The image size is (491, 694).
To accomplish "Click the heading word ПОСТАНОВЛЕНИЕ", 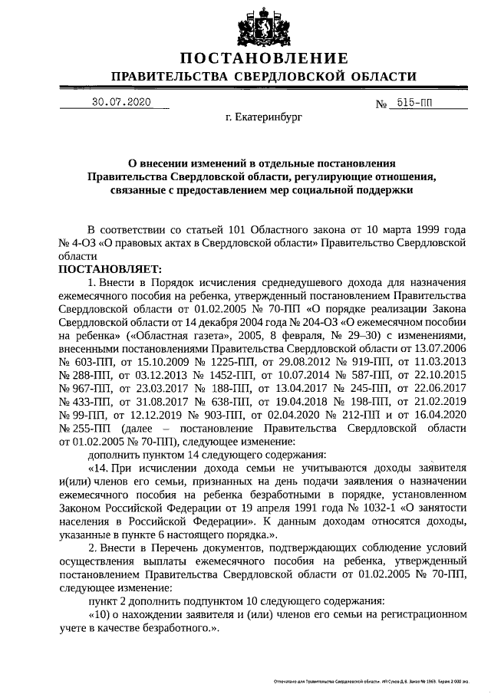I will click(x=265, y=58).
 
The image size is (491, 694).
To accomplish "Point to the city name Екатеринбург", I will click(x=264, y=120).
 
